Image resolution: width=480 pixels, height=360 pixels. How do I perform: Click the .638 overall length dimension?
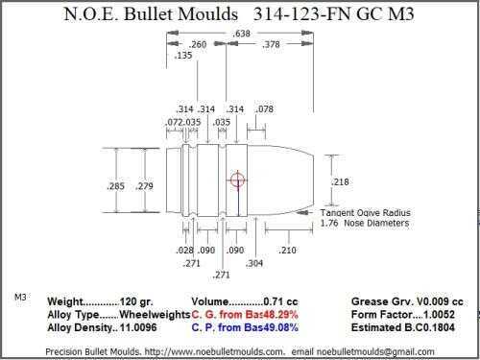(242, 34)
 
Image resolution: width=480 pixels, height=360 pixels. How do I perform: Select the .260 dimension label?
(198, 44)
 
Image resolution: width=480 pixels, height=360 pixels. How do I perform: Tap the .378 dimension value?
(271, 44)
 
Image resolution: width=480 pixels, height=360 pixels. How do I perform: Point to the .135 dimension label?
(183, 56)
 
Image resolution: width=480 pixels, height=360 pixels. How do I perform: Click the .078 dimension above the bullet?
(264, 109)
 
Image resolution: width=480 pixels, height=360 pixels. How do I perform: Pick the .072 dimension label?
(175, 122)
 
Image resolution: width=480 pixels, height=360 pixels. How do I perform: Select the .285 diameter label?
(115, 186)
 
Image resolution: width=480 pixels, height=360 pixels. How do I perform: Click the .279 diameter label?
(144, 186)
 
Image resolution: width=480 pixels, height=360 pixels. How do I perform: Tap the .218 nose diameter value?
(340, 181)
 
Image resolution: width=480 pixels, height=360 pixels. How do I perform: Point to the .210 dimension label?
(287, 251)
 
